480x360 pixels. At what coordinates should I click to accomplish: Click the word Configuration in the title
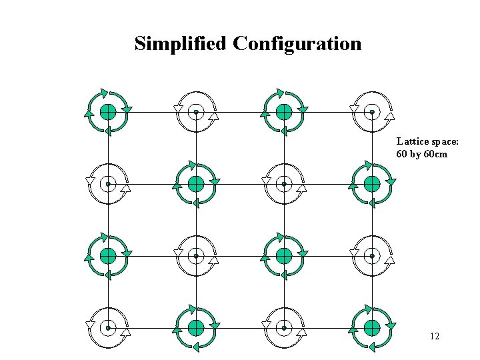tap(297, 44)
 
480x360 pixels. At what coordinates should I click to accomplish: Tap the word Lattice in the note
tap(411, 141)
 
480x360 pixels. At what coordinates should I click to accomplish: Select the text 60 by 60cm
tap(421, 154)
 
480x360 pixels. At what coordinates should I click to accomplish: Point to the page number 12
tap(435, 336)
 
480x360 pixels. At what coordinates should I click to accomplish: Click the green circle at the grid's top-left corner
tap(108, 111)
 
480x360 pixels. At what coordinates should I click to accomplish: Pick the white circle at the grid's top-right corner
tap(372, 112)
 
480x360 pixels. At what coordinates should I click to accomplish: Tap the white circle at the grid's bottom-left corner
tap(108, 328)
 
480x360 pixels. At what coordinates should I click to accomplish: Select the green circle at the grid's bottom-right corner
tap(372, 327)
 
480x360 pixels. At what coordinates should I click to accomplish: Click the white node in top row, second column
tap(196, 112)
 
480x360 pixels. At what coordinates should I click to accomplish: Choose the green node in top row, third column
tap(284, 111)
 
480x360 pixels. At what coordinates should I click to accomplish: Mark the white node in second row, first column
tap(108, 184)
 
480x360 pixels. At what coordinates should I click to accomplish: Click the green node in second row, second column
tap(196, 183)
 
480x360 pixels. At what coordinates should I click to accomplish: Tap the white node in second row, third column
tap(284, 184)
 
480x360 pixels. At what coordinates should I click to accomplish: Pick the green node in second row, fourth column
tap(372, 183)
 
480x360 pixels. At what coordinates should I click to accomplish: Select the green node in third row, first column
tap(108, 255)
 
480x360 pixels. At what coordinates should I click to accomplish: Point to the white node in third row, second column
tap(196, 256)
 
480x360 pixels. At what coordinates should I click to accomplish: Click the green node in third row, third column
tap(284, 255)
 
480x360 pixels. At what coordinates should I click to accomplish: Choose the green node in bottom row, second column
tap(196, 327)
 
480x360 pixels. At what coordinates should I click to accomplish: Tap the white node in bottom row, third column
tap(284, 328)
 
